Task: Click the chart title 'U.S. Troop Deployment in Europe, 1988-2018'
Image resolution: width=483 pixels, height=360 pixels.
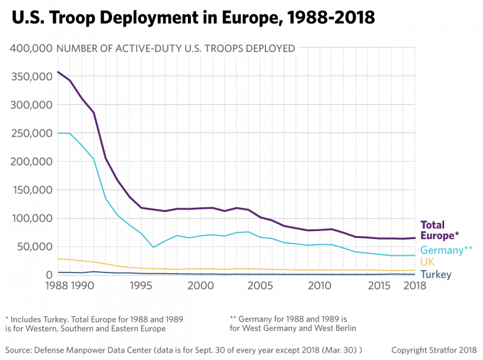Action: [x=193, y=17]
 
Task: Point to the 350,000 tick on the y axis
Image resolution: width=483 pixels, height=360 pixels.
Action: [x=32, y=76]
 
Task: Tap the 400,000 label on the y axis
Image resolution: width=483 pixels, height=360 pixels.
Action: [x=31, y=48]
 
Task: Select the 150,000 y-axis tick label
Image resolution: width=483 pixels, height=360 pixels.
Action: [x=32, y=190]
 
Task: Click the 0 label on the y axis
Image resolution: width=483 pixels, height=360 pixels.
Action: [x=49, y=275]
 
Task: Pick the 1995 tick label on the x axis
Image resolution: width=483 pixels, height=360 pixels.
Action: [x=140, y=286]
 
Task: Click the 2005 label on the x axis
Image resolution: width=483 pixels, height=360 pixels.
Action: [x=260, y=286]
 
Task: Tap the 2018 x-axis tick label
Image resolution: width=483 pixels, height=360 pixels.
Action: [x=415, y=286]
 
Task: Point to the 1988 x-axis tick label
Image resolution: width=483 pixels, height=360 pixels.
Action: [x=57, y=286]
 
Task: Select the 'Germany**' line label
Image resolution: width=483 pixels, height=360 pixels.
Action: [x=446, y=250]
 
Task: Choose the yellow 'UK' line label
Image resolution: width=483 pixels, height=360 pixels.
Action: [x=428, y=262]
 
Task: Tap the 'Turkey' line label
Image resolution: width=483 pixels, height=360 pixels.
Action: [x=436, y=274]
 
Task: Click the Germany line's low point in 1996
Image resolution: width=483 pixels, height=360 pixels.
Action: [x=153, y=247]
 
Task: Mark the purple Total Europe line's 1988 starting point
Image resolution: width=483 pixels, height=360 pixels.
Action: [x=58, y=72]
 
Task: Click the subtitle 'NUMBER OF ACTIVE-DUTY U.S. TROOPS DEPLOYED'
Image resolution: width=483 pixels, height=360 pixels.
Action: [x=176, y=48]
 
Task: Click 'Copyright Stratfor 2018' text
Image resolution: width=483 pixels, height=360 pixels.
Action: [x=434, y=350]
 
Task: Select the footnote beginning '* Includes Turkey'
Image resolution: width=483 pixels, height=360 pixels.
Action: [x=94, y=324]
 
